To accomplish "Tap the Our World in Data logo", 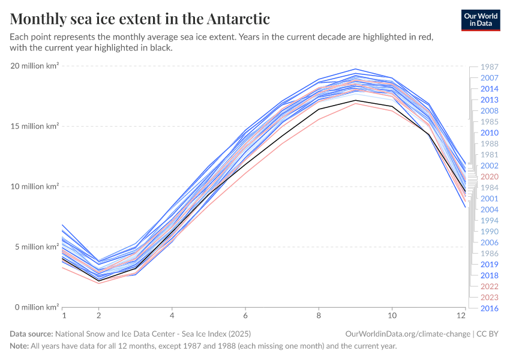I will pyautogui.click(x=480, y=19).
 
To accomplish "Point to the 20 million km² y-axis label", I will pyautogui.click(x=34, y=66).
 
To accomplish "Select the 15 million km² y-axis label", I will pyautogui.click(x=34, y=127).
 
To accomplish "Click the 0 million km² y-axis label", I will pyautogui.click(x=35, y=307).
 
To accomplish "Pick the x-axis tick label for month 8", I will pyautogui.click(x=319, y=315).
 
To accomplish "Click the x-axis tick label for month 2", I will pyautogui.click(x=99, y=315).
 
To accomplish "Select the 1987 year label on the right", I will pyautogui.click(x=490, y=67).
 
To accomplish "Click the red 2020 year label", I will pyautogui.click(x=490, y=177).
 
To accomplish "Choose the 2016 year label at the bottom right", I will pyautogui.click(x=490, y=308).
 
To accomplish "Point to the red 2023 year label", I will pyautogui.click(x=490, y=298).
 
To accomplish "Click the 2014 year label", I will pyautogui.click(x=490, y=89).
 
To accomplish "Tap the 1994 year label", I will pyautogui.click(x=490, y=221).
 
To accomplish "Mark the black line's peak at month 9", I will pyautogui.click(x=355, y=100).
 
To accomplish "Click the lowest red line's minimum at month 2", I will pyautogui.click(x=99, y=283).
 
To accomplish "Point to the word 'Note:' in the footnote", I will pyautogui.click(x=20, y=346).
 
